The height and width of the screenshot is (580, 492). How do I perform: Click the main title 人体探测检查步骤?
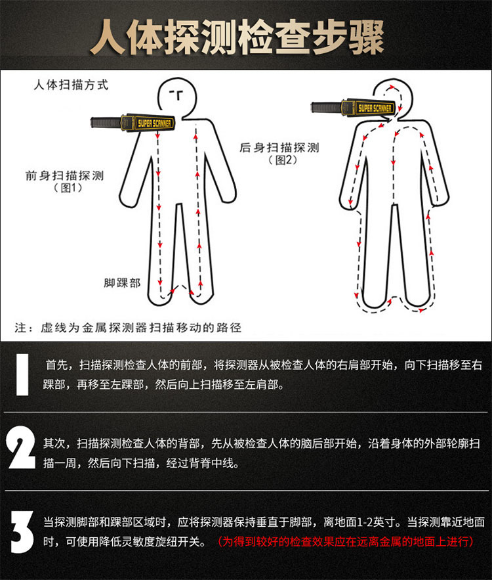click(246, 37)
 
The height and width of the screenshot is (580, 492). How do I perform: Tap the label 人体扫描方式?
click(70, 85)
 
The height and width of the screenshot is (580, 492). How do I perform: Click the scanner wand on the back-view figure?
click(352, 107)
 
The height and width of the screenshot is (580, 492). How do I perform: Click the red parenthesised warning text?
click(346, 542)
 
